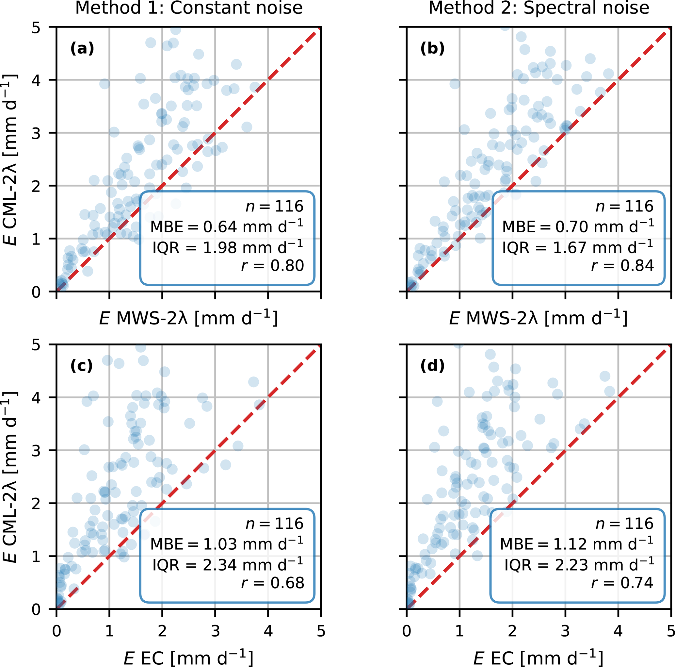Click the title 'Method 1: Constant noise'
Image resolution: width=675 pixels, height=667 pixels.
click(x=189, y=8)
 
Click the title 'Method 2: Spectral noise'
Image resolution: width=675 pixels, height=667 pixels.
click(x=539, y=8)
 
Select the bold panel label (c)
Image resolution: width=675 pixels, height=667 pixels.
click(x=81, y=366)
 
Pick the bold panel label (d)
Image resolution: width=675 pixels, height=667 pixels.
click(x=432, y=366)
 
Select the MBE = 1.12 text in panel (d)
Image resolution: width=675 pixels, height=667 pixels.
click(x=577, y=544)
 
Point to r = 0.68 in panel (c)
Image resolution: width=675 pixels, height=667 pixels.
click(x=273, y=583)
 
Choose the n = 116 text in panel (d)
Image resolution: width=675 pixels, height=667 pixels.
click(x=624, y=523)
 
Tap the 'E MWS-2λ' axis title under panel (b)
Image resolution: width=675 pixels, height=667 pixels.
click(x=538, y=318)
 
